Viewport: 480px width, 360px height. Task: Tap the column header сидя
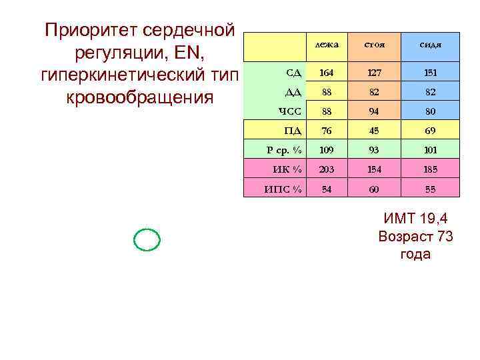[430, 45]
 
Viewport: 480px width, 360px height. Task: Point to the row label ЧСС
[289, 111]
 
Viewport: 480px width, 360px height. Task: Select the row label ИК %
[287, 169]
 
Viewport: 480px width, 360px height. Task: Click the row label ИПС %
[283, 189]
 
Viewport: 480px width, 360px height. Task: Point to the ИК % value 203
[327, 169]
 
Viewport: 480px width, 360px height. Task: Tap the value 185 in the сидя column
[430, 169]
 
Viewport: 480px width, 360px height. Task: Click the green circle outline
[147, 239]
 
